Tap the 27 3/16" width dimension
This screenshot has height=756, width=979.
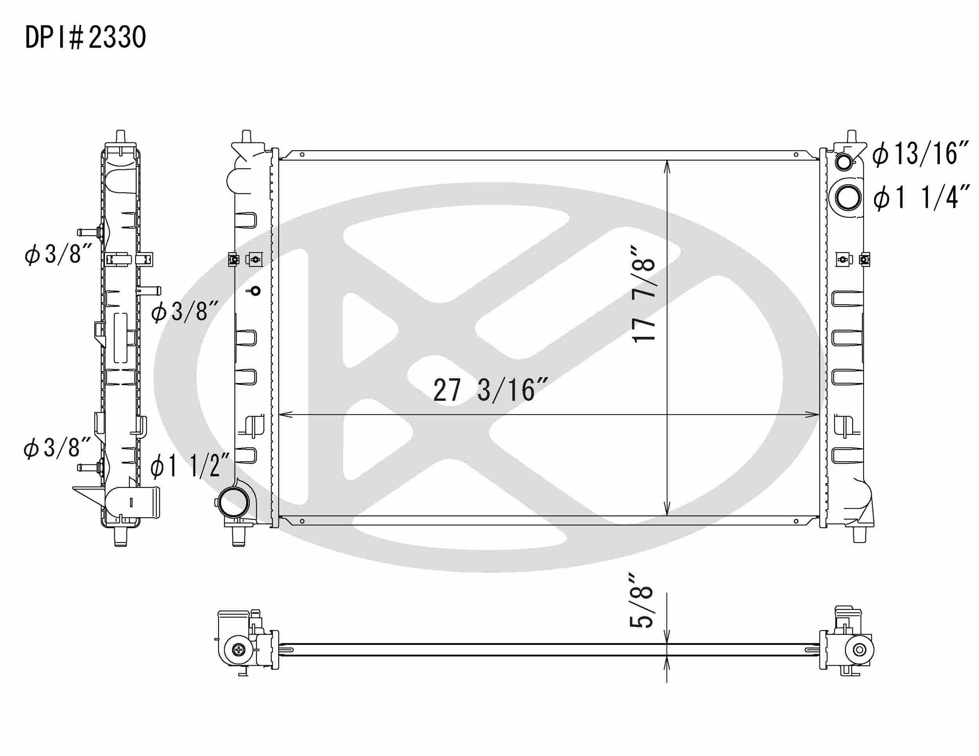click(490, 390)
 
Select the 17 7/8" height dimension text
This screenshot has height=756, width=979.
click(644, 294)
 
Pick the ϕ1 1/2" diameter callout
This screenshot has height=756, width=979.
click(190, 465)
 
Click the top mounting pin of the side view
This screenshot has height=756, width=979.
click(121, 136)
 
